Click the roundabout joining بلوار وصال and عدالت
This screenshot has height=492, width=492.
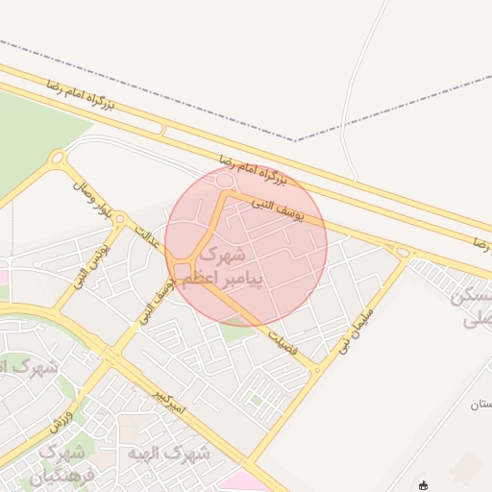click(x=120, y=220)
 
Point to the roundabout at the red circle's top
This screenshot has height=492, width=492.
click(x=227, y=180)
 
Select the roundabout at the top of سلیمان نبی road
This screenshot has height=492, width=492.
click(x=403, y=252)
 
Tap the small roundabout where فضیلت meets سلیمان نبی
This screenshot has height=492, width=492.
click(x=316, y=368)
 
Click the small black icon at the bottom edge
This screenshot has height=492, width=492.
click(x=424, y=485)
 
